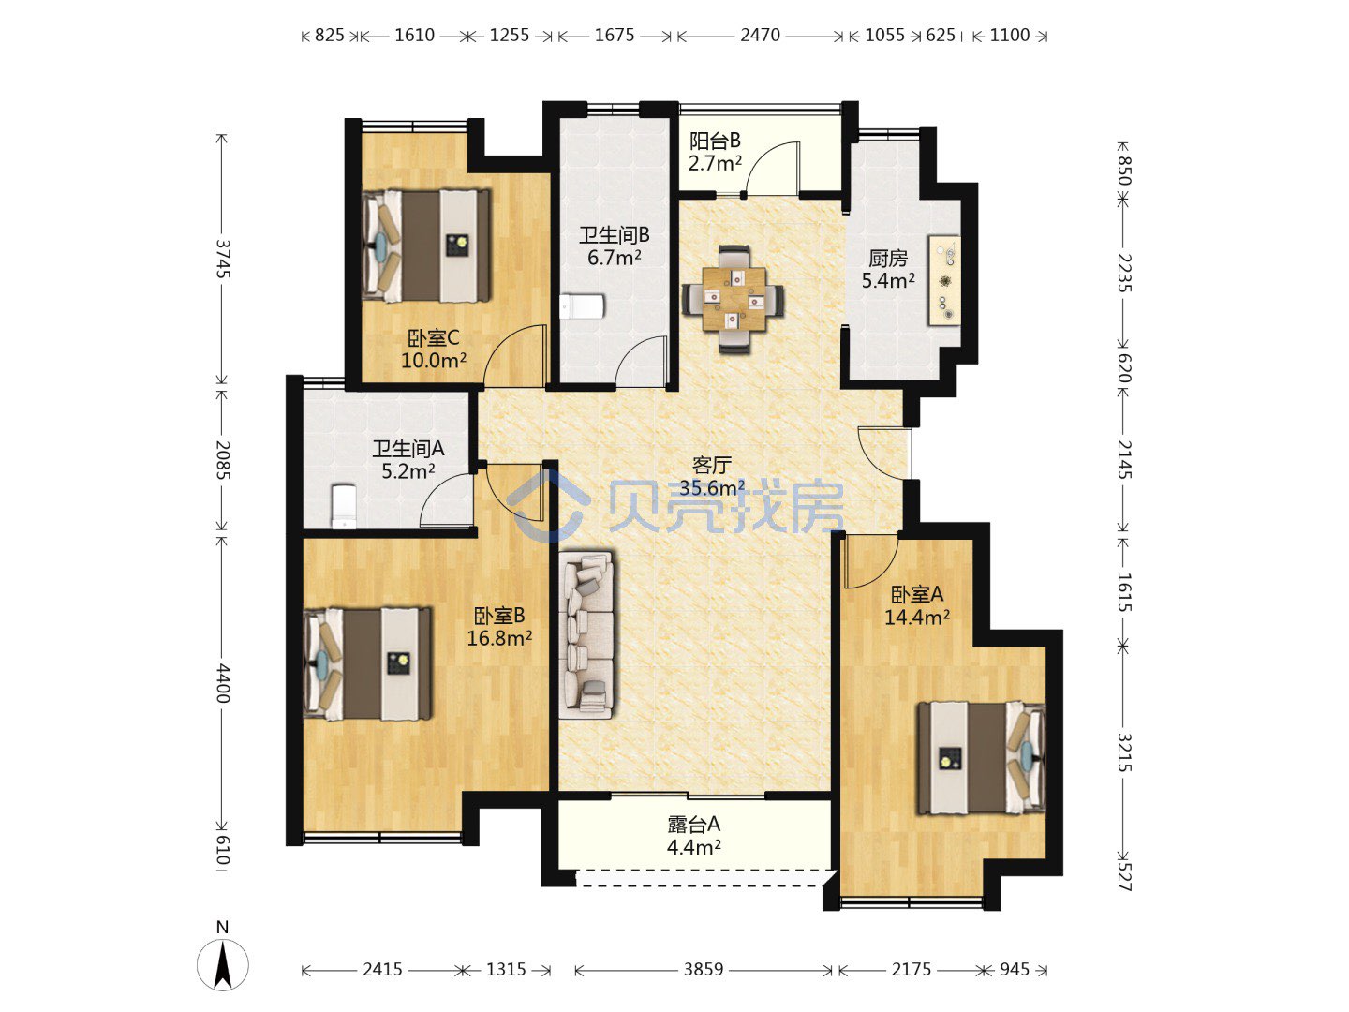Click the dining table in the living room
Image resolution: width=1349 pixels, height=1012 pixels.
(734, 299)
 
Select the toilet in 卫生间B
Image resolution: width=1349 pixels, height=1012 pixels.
(582, 306)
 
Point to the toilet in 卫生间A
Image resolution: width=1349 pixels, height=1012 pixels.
(344, 506)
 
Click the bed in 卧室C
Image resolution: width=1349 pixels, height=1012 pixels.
(426, 246)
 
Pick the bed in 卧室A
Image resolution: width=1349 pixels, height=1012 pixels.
(982, 758)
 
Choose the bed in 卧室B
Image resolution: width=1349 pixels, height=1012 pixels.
(367, 664)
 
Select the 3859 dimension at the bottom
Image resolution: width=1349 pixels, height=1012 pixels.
(704, 969)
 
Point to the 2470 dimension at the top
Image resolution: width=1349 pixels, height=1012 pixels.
(761, 35)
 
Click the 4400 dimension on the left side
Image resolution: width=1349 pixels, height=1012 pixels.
(222, 683)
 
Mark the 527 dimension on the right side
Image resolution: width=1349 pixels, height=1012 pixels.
(1124, 876)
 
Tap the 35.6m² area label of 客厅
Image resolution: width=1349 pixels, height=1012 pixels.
(712, 488)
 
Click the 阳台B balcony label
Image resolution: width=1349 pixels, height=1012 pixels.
(715, 141)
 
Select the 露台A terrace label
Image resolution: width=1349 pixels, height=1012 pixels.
(694, 824)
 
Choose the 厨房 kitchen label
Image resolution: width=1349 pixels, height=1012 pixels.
(888, 258)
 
